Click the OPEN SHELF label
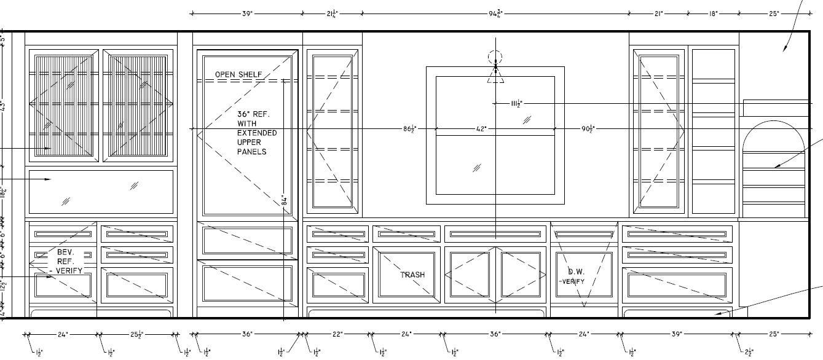238,75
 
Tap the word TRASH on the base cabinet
412,275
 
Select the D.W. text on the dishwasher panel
575,271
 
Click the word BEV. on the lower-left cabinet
65,252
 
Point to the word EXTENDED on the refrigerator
257,133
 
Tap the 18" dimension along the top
713,12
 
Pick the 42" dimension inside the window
481,129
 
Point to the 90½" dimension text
588,129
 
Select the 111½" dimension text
516,104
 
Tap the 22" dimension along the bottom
338,334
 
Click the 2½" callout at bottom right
747,352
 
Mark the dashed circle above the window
495,58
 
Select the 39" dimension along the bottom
676,334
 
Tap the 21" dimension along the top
659,12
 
